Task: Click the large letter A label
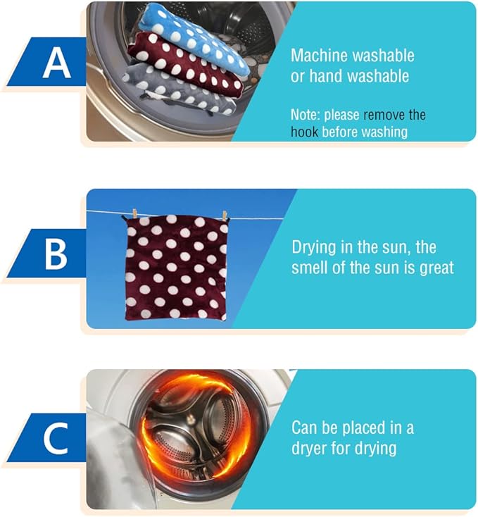click(x=56, y=63)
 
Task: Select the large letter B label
click(x=56, y=254)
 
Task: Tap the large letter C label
click(x=56, y=439)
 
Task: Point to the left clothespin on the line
click(x=134, y=213)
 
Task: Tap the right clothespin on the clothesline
click(x=225, y=216)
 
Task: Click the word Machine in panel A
click(x=319, y=56)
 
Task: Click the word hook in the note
click(x=304, y=132)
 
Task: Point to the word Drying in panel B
click(x=313, y=248)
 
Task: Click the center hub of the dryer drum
click(x=190, y=419)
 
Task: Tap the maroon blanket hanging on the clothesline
click(x=176, y=268)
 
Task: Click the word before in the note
click(x=340, y=132)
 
